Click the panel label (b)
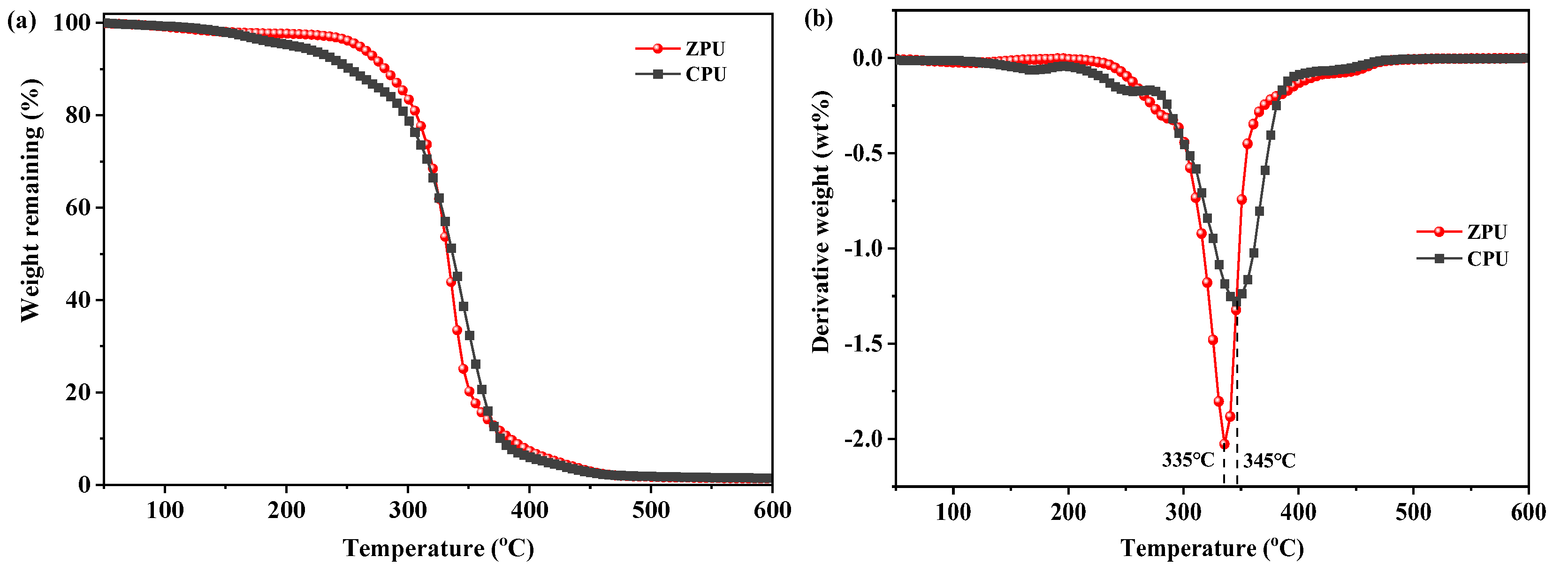pos(819,19)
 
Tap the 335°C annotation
pos(1188,460)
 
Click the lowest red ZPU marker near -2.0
pos(1224,444)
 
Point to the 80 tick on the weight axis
pos(78,115)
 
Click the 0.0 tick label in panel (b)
pos(868,58)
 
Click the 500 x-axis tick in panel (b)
pos(1413,512)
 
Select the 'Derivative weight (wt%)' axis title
pos(821,222)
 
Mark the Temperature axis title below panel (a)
pos(438,549)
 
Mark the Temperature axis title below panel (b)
pos(1212,549)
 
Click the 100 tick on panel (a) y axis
pos(72,23)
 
